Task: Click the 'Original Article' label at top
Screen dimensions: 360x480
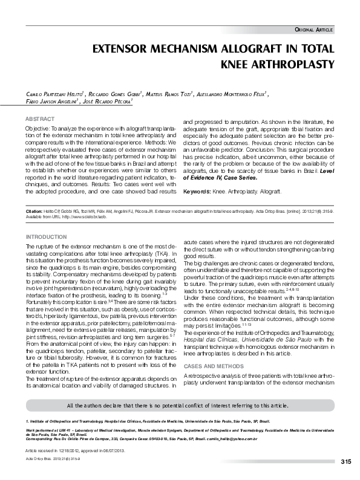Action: pos(313,30)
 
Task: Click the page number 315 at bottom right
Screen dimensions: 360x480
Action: pos(345,462)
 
